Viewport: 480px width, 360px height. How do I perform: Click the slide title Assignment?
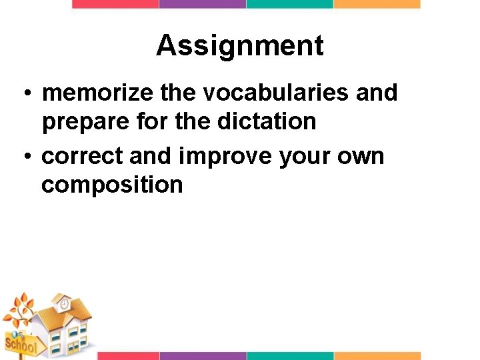click(240, 46)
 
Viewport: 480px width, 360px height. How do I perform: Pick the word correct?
click(82, 156)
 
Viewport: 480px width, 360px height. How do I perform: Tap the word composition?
click(111, 185)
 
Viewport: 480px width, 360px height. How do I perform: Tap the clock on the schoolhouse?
click(64, 304)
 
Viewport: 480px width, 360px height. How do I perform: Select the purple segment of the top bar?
click(203, 4)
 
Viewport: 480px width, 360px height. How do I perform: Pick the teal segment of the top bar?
click(289, 4)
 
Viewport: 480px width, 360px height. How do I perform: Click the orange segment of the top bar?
click(377, 4)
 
